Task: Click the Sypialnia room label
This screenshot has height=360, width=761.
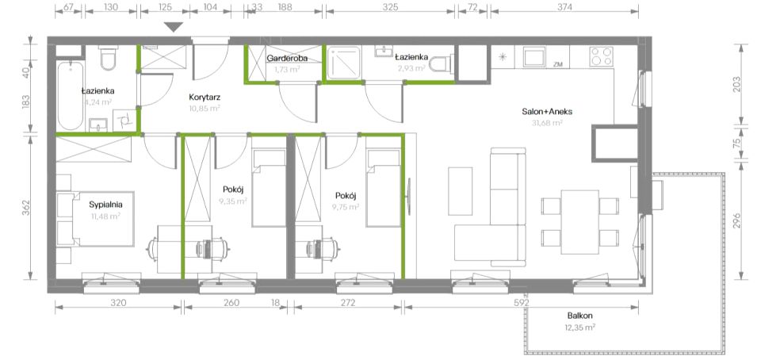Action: pos(105,205)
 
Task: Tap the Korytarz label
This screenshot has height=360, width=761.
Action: pos(205,97)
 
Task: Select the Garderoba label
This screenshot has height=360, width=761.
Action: pos(287,58)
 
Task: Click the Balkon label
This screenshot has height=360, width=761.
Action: pos(579,316)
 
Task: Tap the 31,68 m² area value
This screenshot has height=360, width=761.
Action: pos(547,123)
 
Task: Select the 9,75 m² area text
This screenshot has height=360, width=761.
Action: pos(346,207)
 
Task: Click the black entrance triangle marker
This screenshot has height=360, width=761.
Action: pos(174,27)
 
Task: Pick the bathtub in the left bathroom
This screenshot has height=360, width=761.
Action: pos(71,96)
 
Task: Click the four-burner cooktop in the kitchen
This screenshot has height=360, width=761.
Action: pos(602,56)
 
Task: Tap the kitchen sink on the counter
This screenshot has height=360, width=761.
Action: pos(534,56)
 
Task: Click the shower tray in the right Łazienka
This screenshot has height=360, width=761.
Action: pos(343,63)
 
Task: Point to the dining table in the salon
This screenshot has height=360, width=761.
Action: pos(580,222)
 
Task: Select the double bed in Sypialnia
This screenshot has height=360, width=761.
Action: pos(102,219)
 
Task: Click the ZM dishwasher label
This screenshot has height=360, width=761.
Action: pos(557,64)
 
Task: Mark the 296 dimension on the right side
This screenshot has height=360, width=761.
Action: pos(737,220)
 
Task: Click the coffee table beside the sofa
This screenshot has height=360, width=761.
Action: pos(460,191)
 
